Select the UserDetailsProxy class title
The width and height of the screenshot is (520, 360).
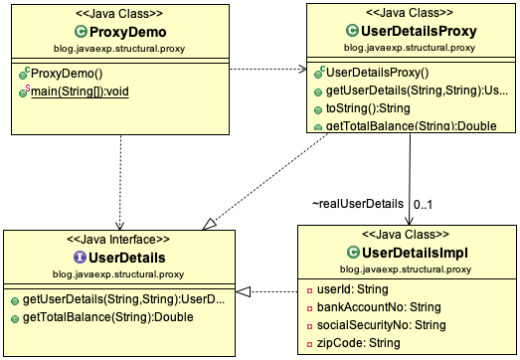(x=417, y=32)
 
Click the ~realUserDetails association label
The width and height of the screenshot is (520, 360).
(x=357, y=203)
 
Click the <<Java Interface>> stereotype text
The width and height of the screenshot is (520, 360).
(x=117, y=240)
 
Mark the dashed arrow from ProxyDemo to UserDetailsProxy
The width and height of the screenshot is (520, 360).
(x=267, y=70)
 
